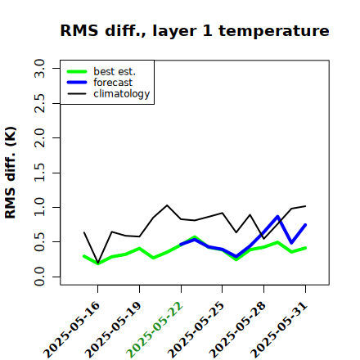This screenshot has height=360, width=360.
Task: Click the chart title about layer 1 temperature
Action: [x=195, y=31]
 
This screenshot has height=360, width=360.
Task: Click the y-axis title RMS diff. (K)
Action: [x=11, y=173]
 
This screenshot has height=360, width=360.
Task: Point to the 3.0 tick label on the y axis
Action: [x=39, y=68]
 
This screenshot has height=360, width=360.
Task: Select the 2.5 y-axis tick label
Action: [x=39, y=103]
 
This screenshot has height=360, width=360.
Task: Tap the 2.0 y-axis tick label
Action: [x=39, y=137]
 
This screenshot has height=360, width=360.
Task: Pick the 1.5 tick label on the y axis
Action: [x=39, y=173]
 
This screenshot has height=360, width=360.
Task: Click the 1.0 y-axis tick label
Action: [x=39, y=207]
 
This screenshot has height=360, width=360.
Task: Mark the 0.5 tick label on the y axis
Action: [x=39, y=242]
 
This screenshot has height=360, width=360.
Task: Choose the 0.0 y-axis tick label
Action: [x=39, y=277]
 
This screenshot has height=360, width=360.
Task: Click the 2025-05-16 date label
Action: [x=72, y=330]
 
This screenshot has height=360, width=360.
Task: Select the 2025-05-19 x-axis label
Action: [x=114, y=330]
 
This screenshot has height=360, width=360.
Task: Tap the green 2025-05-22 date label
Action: [x=155, y=330]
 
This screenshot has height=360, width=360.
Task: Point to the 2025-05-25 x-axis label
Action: [x=196, y=330]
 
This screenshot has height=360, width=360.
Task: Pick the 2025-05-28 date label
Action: [x=238, y=330]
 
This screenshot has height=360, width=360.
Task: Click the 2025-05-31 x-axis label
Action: [x=280, y=330]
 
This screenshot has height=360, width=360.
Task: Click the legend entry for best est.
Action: [x=101, y=71]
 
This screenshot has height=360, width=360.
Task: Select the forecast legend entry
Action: [x=100, y=83]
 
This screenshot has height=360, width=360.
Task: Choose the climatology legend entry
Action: [x=109, y=94]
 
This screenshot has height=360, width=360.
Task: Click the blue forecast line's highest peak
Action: [x=277, y=217]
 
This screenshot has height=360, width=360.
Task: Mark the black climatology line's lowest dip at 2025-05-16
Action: [x=98, y=263]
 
